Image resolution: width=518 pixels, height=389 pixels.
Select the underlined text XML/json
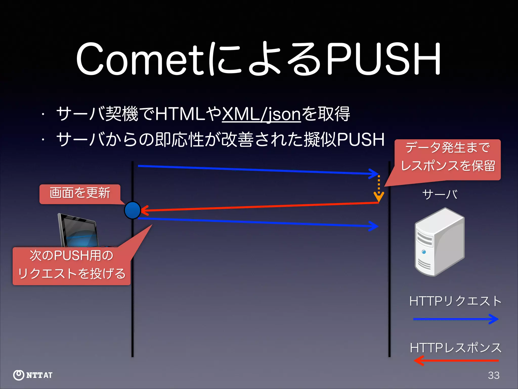click(261, 114)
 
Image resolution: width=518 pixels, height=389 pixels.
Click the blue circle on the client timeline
click(132, 210)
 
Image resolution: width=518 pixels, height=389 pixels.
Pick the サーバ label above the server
click(440, 194)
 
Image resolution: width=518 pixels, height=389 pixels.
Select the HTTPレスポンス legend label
click(456, 348)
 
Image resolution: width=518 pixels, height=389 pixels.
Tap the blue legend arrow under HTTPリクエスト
click(456, 319)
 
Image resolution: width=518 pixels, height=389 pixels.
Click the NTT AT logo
click(33, 375)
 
